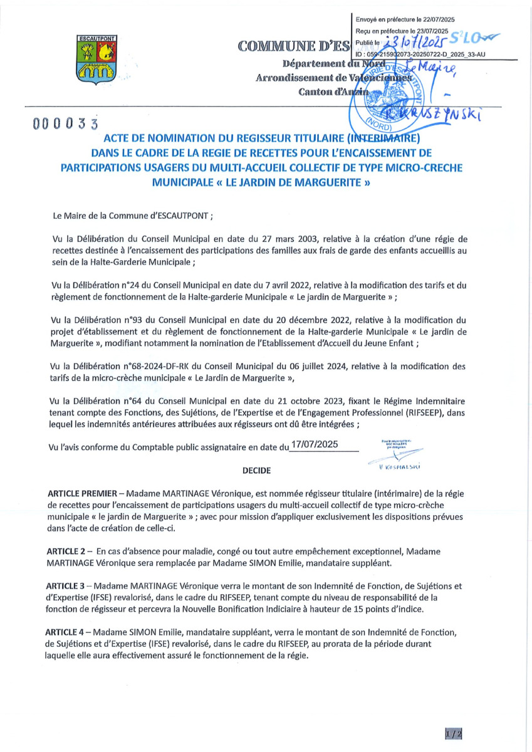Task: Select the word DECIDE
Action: click(257, 469)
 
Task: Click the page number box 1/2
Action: click(454, 733)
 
